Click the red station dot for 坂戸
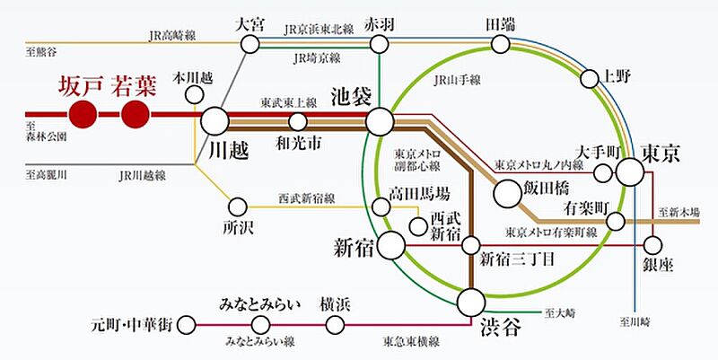[83, 114]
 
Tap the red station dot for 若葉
[135, 114]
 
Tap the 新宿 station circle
[392, 243]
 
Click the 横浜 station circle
[335, 324]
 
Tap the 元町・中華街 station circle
[188, 324]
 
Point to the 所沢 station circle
[238, 206]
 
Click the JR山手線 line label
[452, 82]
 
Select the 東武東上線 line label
[289, 103]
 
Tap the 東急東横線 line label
[410, 341]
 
